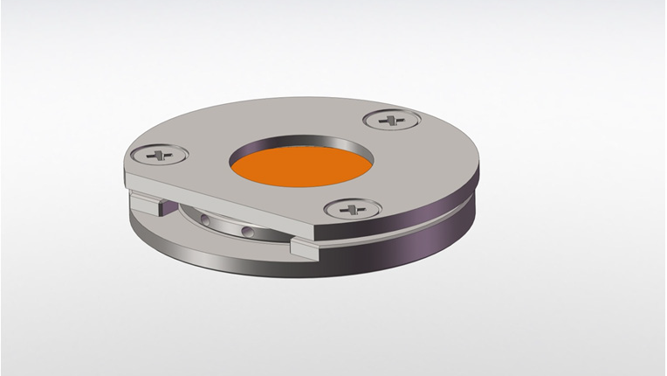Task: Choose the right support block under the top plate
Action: [306, 248]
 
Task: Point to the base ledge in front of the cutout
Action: [218, 250]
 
